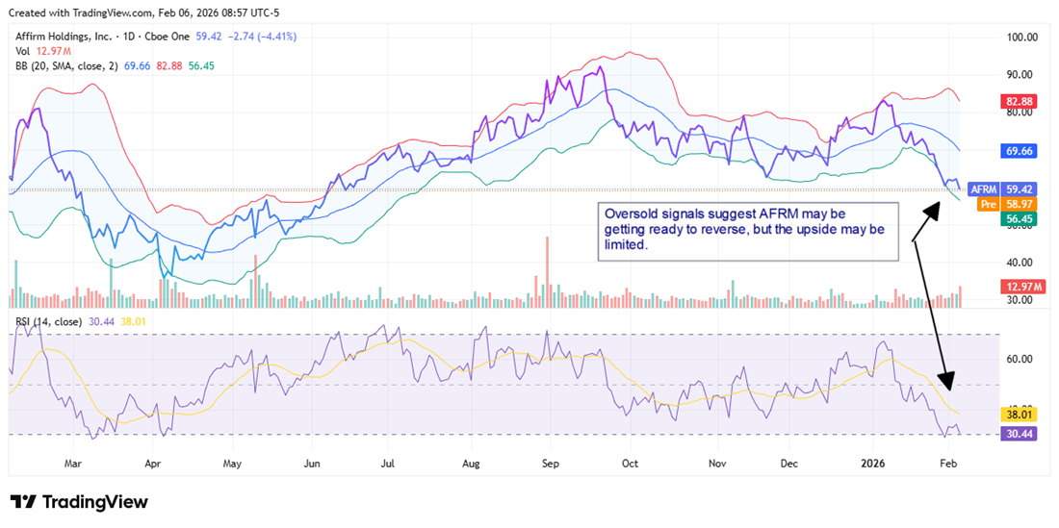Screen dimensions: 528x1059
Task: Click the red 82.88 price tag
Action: click(1020, 101)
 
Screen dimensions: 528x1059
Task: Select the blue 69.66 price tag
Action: click(1020, 151)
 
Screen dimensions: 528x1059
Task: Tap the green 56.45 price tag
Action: click(1020, 219)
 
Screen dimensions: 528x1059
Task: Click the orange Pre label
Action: click(987, 205)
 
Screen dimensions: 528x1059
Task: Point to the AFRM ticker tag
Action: click(984, 189)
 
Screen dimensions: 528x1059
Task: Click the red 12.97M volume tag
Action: click(1020, 288)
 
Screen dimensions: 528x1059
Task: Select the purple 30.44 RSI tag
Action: click(1020, 435)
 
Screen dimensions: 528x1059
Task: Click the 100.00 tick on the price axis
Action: click(1020, 38)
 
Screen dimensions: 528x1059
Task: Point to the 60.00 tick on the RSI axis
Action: click(1020, 359)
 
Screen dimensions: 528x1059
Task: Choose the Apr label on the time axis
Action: click(153, 463)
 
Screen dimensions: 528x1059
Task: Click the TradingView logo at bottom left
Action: click(79, 502)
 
